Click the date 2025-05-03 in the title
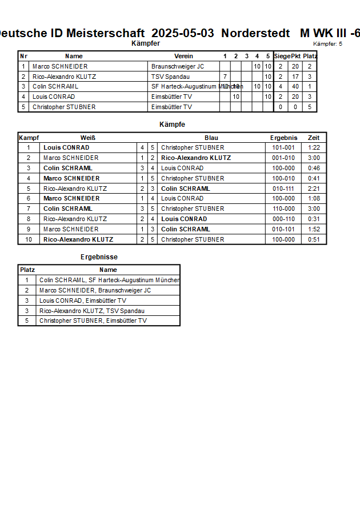[x=183, y=33]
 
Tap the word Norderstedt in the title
[x=255, y=33]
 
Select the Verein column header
[x=183, y=56]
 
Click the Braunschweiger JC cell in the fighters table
[x=177, y=66]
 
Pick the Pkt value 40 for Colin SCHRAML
[x=295, y=87]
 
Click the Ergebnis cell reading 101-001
[x=283, y=147]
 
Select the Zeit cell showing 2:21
[x=314, y=189]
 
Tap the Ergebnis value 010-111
[x=283, y=189]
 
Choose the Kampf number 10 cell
[x=28, y=239]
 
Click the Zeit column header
[x=314, y=138]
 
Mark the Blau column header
[x=211, y=138]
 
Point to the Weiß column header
[x=87, y=138]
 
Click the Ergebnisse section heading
[x=99, y=257]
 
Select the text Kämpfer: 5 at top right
[x=327, y=44]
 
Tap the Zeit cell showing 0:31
[x=314, y=219]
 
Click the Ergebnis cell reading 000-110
[x=283, y=219]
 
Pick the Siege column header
[x=281, y=56]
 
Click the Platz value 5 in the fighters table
[x=310, y=107]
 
